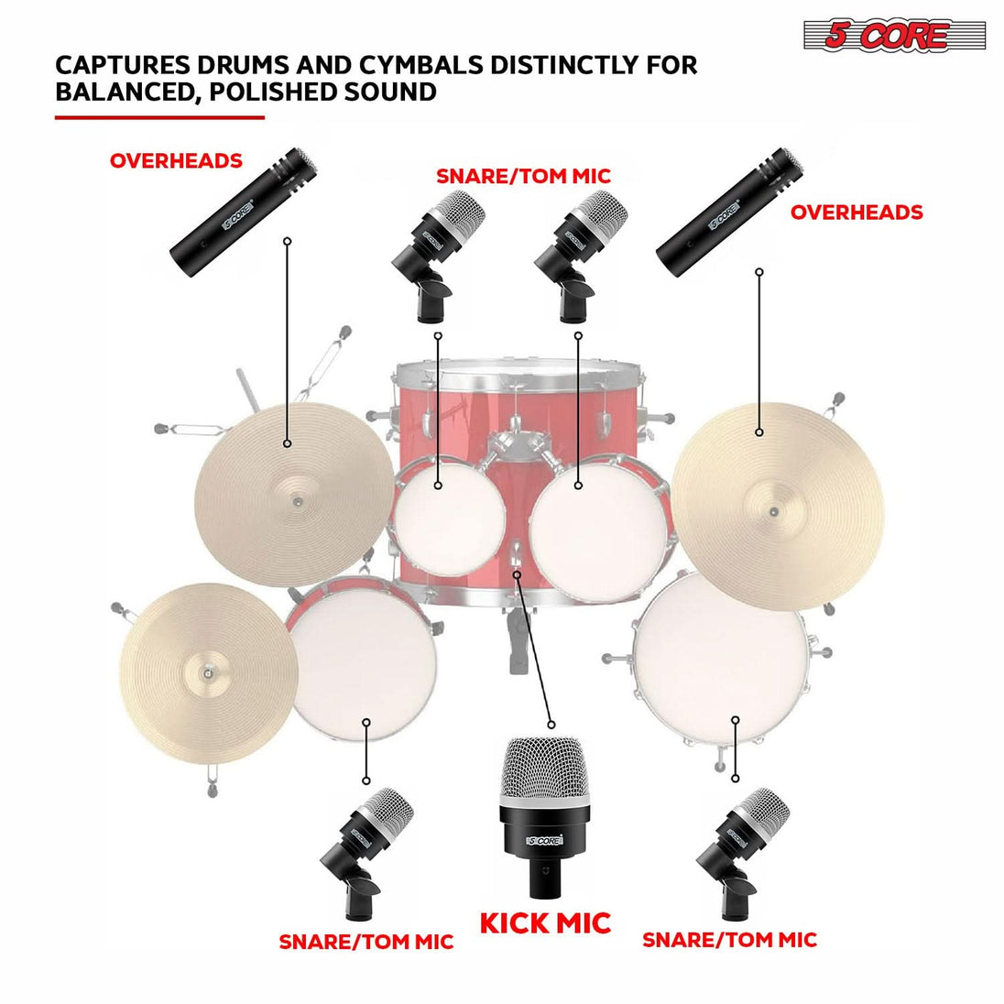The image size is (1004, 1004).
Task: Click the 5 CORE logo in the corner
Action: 893,37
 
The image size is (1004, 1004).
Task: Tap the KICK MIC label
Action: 545,922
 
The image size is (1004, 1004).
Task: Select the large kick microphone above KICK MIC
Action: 544,814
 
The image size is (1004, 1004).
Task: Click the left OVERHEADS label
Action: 176,161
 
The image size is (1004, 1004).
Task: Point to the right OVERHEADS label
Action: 857,213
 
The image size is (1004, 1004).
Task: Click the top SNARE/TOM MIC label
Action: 523,176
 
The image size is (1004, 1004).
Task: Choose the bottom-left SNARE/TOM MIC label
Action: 366,942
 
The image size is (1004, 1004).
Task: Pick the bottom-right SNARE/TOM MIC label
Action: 729,940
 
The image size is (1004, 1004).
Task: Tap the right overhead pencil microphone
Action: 731,209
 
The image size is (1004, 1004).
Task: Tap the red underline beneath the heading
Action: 159,117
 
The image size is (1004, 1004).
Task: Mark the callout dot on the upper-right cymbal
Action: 758,432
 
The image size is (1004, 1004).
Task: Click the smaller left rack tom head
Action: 448,516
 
